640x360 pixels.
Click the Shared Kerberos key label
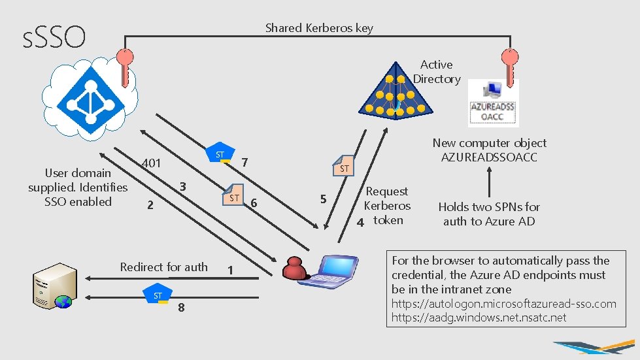click(x=319, y=28)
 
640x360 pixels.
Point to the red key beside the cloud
click(x=124, y=66)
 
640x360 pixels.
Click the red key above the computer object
click(x=507, y=66)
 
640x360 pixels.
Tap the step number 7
click(x=244, y=161)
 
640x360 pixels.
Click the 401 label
click(x=151, y=163)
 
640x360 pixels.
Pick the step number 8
click(x=181, y=309)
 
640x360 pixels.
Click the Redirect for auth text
click(x=163, y=267)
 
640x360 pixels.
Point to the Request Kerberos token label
click(x=388, y=205)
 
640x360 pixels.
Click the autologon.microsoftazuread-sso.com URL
click(x=503, y=304)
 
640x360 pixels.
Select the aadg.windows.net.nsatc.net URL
click(x=479, y=318)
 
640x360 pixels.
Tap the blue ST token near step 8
click(x=158, y=295)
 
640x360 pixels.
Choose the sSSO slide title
click(x=54, y=37)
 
